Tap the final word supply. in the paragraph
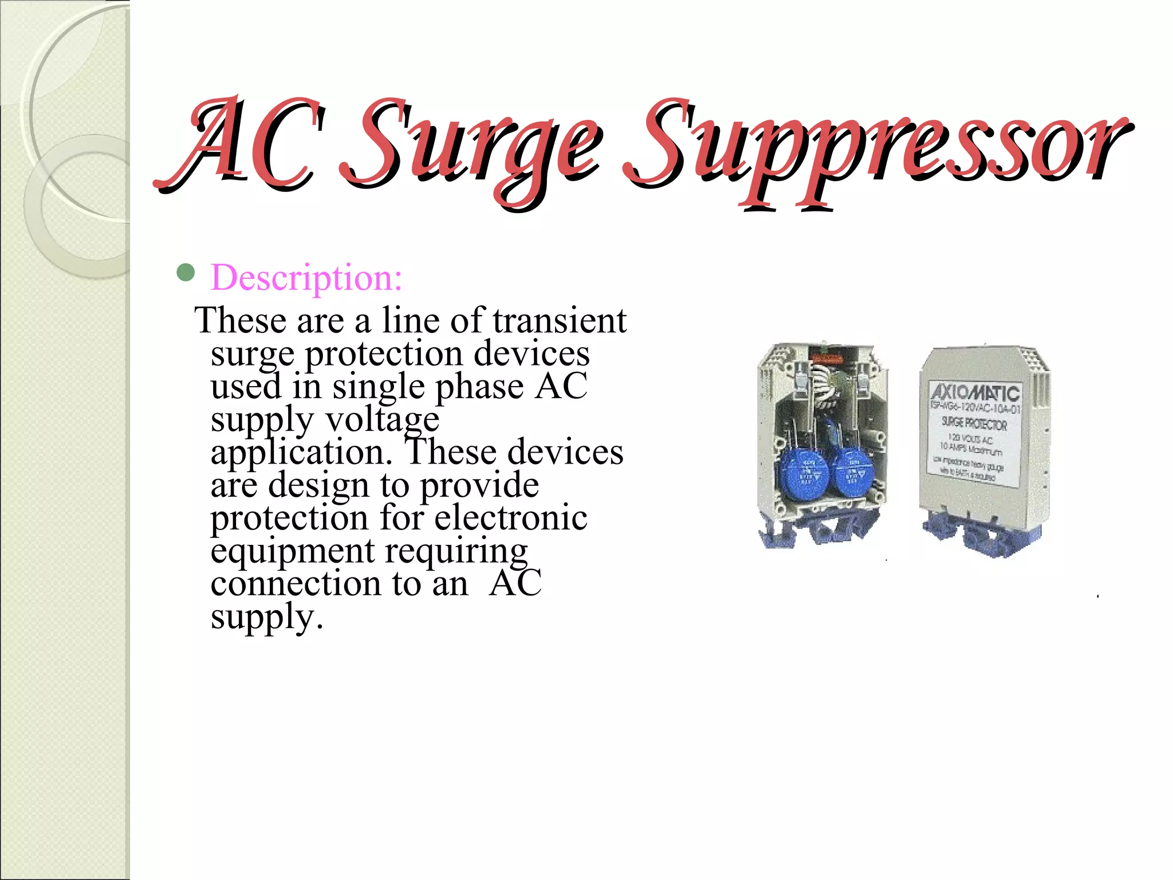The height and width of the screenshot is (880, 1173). click(267, 616)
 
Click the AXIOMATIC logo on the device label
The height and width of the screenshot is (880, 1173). click(975, 393)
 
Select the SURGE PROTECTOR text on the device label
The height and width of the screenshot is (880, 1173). click(974, 424)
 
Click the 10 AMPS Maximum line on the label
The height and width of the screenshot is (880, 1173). click(970, 449)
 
